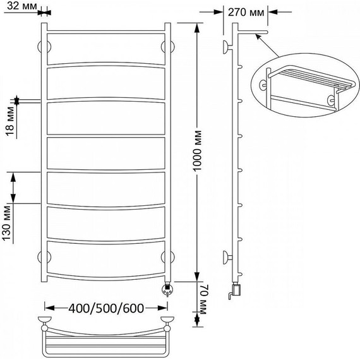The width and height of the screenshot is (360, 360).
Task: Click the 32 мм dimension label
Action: point(22,6)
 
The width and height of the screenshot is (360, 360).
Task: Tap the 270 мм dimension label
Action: point(246,12)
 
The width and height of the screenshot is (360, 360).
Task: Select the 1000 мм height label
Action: point(197,151)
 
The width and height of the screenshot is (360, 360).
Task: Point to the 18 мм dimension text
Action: point(10,121)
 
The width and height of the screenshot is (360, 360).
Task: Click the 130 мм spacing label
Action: point(7,223)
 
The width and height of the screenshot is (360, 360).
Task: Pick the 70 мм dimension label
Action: point(203,299)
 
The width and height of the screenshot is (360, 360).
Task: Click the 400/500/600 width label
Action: point(106,308)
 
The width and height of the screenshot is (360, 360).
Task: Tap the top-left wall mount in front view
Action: point(44,47)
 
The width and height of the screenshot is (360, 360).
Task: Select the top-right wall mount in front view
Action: point(168,47)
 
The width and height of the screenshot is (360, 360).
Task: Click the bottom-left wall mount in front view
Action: point(44,257)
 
